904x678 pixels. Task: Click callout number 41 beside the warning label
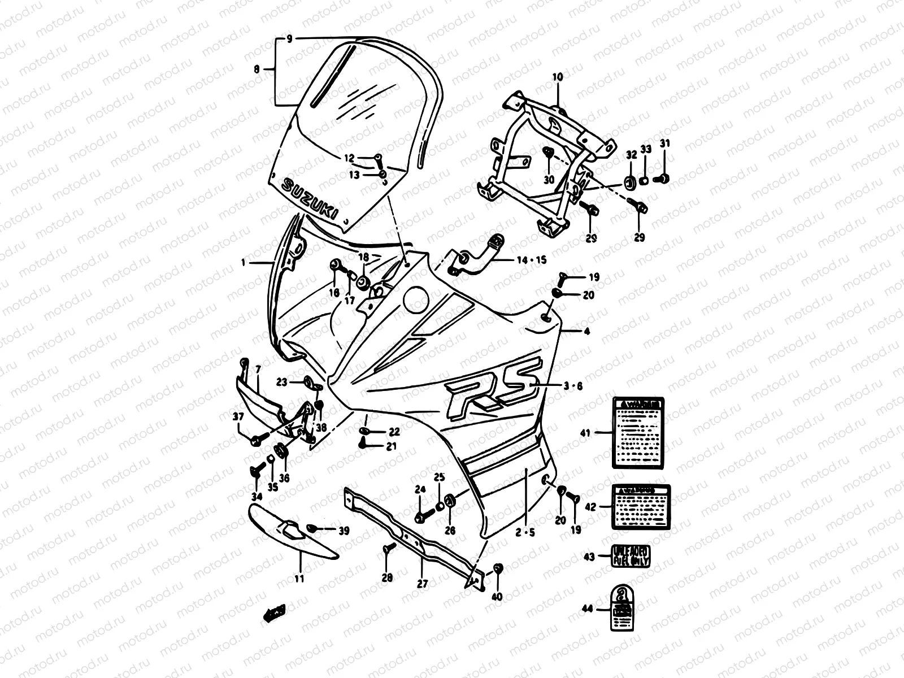point(585,433)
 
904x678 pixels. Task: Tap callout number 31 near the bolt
point(665,144)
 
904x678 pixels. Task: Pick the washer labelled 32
point(628,181)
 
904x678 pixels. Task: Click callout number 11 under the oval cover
point(299,579)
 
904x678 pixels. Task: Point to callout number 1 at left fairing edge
point(243,263)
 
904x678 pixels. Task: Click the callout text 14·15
point(532,260)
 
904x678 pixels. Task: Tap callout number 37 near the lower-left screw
point(238,417)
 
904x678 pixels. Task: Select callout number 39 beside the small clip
point(344,531)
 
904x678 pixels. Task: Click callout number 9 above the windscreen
point(289,39)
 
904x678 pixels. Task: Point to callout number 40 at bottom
point(497,596)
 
